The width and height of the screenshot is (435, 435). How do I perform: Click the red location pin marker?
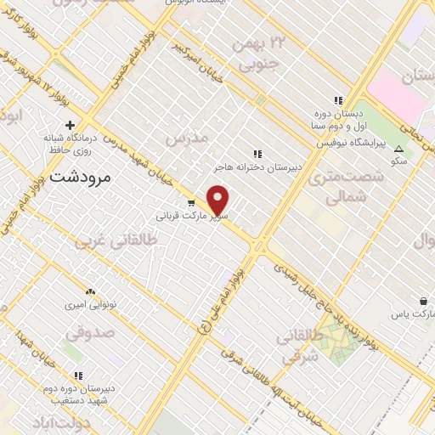(218, 200)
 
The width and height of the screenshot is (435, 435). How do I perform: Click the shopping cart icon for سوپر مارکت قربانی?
(192, 204)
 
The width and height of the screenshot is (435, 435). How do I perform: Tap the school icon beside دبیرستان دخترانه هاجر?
(257, 153)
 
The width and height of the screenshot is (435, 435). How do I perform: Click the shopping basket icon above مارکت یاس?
(423, 300)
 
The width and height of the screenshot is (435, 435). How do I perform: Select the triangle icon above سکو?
(398, 150)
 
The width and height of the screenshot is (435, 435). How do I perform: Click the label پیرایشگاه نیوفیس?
(350, 143)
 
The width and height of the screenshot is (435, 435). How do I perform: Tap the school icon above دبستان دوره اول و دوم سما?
(338, 101)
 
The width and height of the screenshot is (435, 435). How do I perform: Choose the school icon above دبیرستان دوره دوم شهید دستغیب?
(78, 376)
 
